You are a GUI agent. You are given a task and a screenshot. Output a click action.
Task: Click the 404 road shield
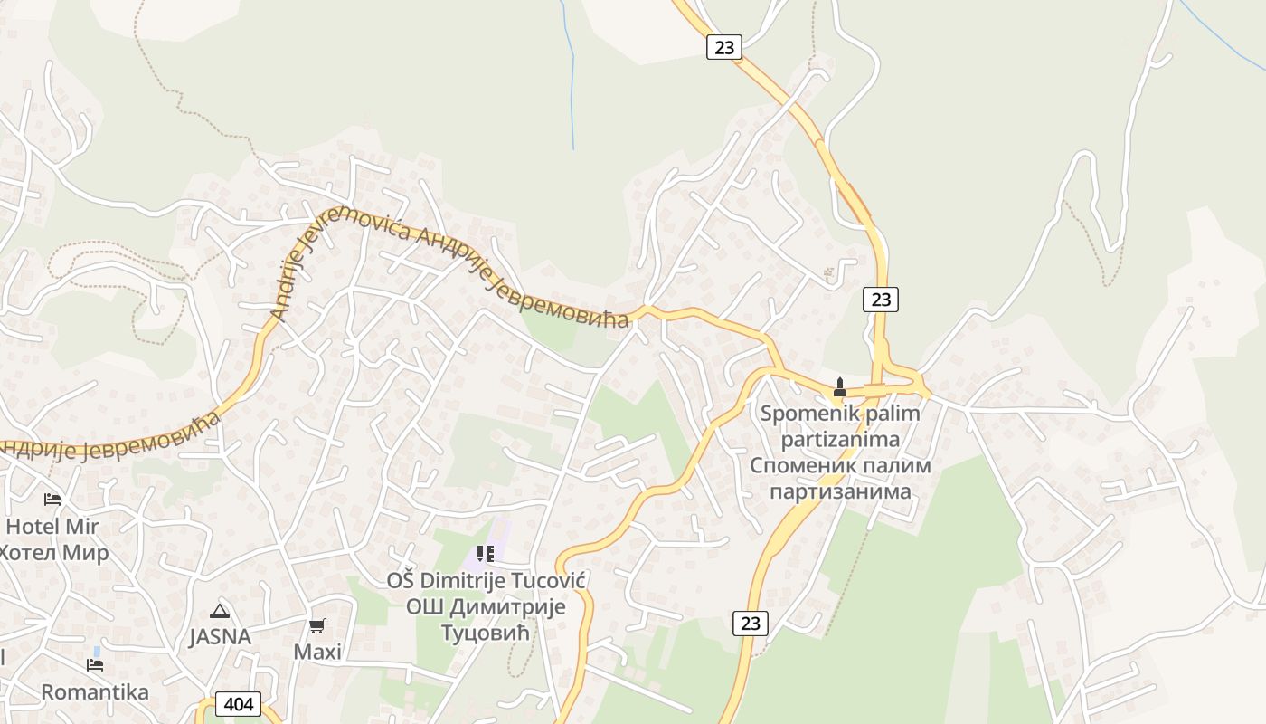tap(239, 704)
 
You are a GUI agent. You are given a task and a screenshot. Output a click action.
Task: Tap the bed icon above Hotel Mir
tap(52, 500)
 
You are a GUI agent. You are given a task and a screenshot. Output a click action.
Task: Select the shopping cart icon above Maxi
tap(316, 625)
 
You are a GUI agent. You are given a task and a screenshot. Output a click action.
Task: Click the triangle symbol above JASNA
tap(219, 611)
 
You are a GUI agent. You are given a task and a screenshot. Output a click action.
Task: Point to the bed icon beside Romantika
tap(94, 665)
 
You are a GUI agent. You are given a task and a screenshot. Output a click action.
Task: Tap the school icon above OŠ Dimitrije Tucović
tap(486, 553)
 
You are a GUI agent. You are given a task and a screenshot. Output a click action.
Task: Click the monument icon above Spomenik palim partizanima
tap(839, 387)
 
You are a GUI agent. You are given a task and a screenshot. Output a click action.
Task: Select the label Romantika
tap(95, 692)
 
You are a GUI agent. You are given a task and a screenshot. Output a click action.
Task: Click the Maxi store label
tap(317, 652)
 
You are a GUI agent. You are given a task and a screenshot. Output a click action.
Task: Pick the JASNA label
tap(220, 636)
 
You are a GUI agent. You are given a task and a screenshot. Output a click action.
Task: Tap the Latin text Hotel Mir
tap(52, 526)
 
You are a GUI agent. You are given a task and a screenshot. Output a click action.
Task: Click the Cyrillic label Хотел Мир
tap(54, 552)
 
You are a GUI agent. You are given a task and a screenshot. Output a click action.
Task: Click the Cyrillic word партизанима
tap(840, 491)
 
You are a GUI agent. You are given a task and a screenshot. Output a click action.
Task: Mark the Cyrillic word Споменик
tap(804, 465)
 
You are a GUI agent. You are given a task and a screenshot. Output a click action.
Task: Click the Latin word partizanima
tap(840, 440)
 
